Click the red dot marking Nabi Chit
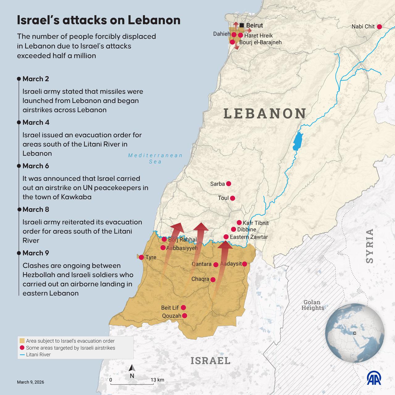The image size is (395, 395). coord(379,27)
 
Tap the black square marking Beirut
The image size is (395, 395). coord(242,25)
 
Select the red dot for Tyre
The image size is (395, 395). coord(141,257)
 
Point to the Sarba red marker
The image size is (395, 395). coord(229,184)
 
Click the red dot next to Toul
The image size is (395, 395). coord(232,198)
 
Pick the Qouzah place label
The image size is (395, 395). coord(172,316)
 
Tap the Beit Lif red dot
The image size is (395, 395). coord(183,307)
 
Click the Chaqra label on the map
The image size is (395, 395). coord(200,279)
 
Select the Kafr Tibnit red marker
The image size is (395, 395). coord(239,222)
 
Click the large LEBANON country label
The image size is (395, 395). coord(265,113)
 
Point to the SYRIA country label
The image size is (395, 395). coord(369,246)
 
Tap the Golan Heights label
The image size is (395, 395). coord(312,305)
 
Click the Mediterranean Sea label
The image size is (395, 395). coord(155,158)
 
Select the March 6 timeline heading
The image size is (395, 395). coord(36,166)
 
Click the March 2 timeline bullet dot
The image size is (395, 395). coord(19,79)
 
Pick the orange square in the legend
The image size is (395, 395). coord(22,341)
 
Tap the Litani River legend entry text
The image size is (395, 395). coord(38,355)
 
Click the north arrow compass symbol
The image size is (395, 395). coord(132,368)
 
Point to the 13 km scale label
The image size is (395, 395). coord(157,380)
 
